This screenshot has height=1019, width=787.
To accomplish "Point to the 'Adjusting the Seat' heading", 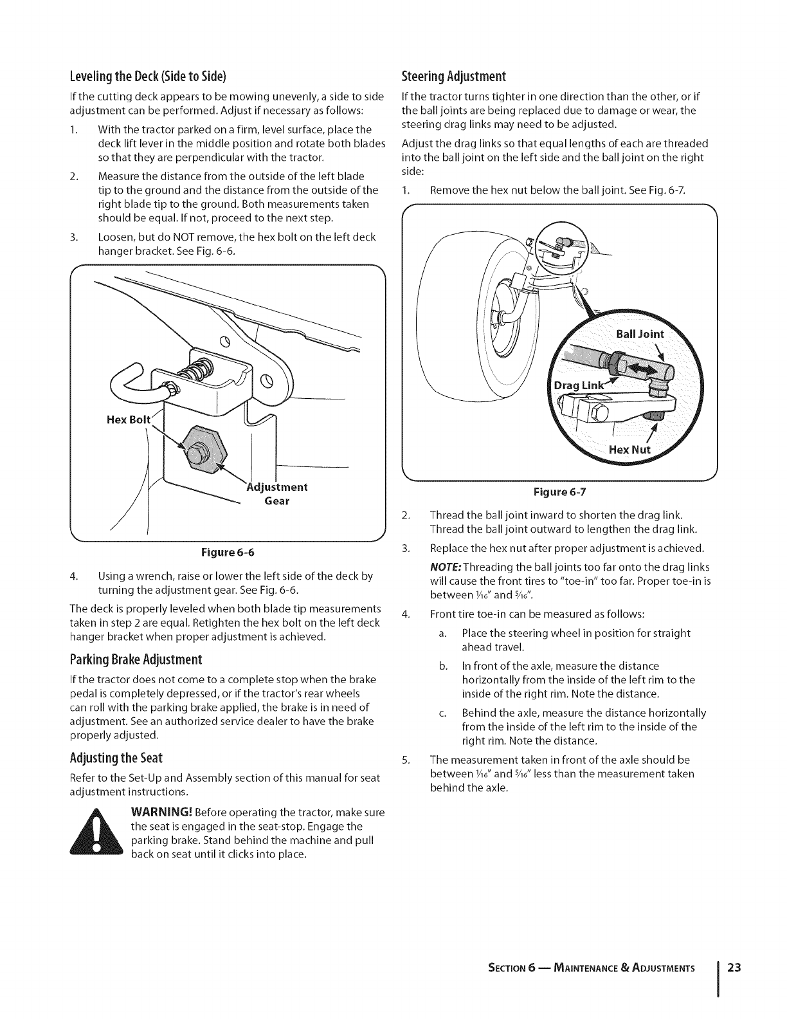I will [116, 757].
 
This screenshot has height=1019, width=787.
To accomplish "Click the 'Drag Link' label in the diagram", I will [578, 385].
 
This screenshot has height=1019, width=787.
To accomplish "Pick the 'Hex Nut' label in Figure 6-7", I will [630, 449].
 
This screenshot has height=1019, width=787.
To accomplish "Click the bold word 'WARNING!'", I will [161, 812].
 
